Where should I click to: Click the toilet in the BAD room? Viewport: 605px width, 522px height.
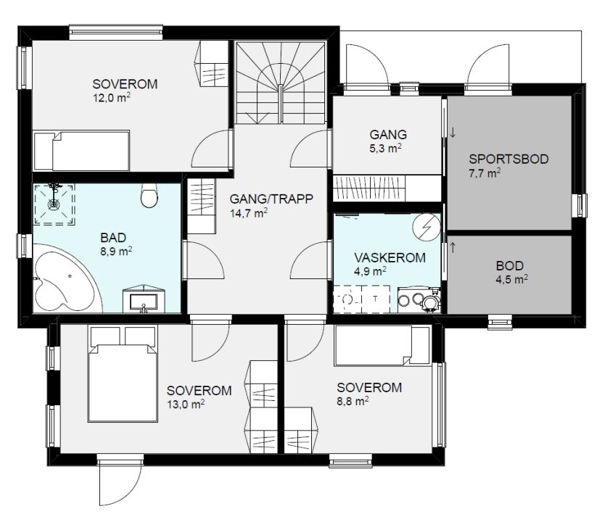click(x=149, y=195)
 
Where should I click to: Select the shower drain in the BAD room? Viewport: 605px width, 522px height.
click(x=54, y=204)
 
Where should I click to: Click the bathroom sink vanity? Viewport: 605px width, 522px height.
click(x=144, y=299)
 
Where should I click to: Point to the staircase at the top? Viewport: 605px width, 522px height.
click(x=281, y=83)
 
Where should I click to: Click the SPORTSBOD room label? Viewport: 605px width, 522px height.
click(x=509, y=159)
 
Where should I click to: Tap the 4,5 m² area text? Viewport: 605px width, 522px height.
click(x=511, y=279)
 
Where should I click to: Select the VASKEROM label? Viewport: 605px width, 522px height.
click(x=390, y=257)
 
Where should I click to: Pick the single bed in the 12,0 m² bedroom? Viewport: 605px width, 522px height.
click(x=81, y=151)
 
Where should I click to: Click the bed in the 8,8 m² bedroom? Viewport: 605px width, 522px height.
click(x=382, y=345)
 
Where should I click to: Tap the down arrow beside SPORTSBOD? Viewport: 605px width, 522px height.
click(x=453, y=133)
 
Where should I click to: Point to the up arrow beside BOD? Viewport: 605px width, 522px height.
click(x=453, y=247)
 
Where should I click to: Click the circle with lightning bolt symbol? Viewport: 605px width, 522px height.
click(x=426, y=227)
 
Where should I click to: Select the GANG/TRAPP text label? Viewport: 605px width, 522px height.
click(x=271, y=199)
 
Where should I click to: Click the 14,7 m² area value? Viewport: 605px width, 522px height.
click(x=249, y=213)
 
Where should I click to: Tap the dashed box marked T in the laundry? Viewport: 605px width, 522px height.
click(x=376, y=299)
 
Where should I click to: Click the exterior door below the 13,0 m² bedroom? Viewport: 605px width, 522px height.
click(x=120, y=480)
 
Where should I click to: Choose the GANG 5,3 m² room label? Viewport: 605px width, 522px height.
click(x=387, y=141)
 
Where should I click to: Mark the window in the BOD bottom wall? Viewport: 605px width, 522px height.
click(x=500, y=322)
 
